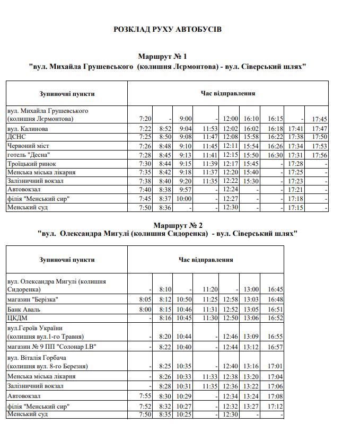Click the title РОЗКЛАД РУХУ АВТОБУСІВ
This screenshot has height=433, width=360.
168,29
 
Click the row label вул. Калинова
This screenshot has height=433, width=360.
28,129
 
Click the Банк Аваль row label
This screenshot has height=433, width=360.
24,310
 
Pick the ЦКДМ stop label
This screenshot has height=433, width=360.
17,318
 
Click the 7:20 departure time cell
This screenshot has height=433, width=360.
145,119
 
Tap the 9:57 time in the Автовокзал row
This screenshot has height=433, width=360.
185,190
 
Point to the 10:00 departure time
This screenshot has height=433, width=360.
185,199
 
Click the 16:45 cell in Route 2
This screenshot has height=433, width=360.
276,290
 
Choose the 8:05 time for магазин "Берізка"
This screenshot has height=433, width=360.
145,300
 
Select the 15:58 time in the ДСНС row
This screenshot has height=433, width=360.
251,137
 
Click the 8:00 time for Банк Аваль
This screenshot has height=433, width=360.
145,310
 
